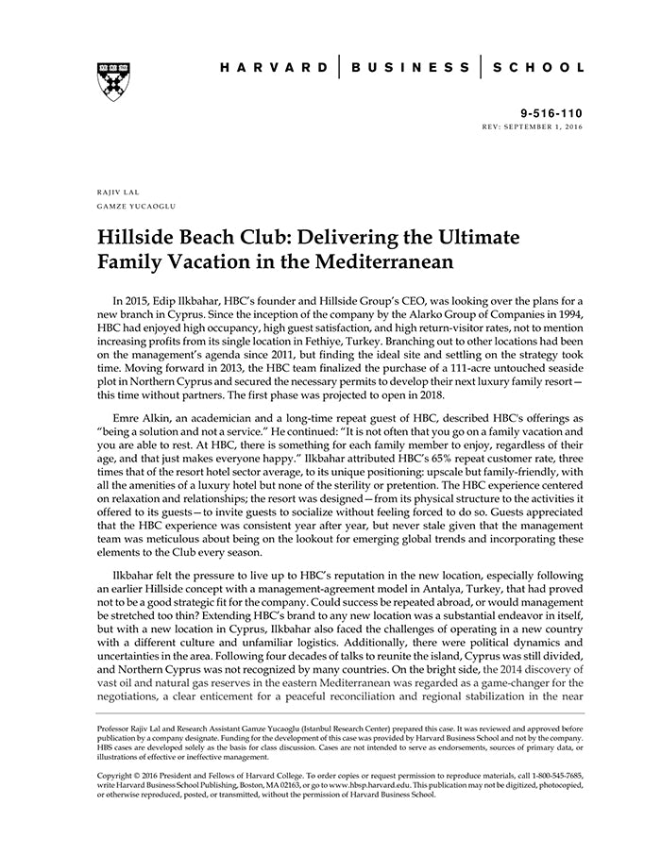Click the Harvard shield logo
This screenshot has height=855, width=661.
(x=113, y=81)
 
